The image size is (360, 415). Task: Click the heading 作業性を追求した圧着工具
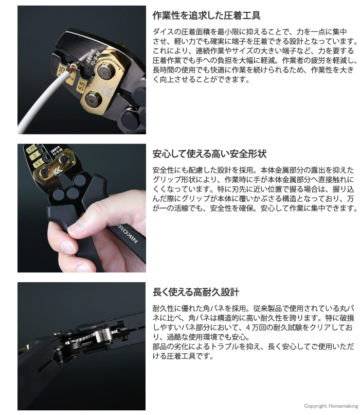(206, 15)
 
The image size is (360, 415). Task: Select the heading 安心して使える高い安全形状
(209, 154)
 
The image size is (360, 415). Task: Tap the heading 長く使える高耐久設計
(196, 292)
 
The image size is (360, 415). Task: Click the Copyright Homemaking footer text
(331, 406)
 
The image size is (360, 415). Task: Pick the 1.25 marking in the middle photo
(31, 149)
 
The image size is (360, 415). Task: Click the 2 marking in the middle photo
(34, 156)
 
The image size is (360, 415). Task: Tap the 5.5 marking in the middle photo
(38, 163)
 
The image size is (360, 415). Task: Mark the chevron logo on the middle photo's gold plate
(58, 169)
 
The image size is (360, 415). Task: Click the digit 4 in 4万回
(248, 327)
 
